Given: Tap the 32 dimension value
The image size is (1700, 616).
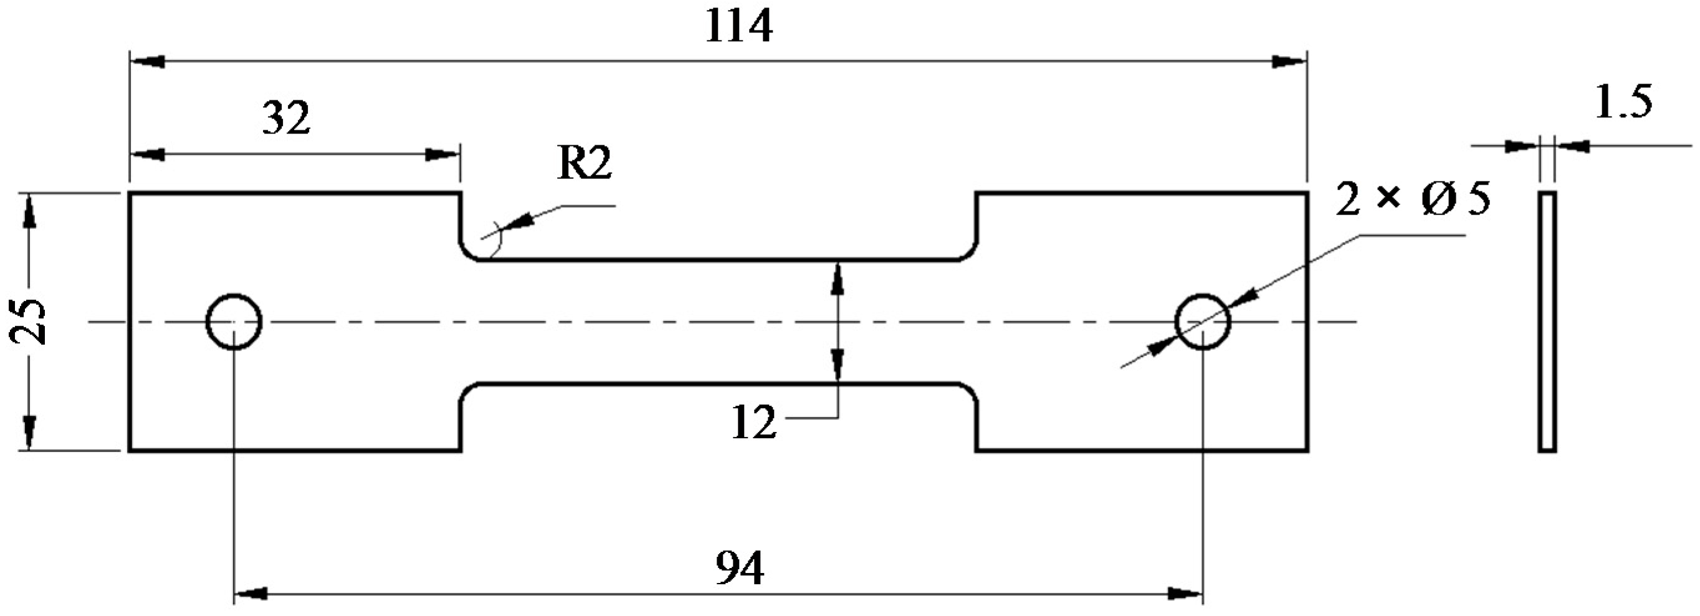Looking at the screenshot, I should [286, 119].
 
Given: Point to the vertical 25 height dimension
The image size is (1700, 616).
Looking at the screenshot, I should [27, 322].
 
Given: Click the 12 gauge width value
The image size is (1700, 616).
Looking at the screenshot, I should [753, 423].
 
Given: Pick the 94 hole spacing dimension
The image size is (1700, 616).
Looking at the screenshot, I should [739, 569].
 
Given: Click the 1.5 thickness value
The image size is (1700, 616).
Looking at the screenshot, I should [1623, 102].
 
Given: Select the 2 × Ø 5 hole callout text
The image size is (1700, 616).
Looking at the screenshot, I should [1412, 200].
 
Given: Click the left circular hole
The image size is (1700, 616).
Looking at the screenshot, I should [234, 322].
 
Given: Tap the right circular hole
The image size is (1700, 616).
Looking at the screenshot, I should [1203, 322].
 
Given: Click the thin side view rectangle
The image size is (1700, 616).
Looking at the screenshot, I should [1547, 322].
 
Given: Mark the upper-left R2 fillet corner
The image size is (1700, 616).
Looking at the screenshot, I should [467, 254].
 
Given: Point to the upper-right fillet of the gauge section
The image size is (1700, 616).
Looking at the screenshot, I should [970, 254].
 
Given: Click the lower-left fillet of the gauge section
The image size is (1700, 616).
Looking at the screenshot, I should [467, 390].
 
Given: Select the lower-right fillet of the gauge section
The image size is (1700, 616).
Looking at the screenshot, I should [970, 390].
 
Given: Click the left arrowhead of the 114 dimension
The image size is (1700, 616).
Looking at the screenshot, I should [146, 61].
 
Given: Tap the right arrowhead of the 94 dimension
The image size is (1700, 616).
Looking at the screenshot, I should [1185, 594].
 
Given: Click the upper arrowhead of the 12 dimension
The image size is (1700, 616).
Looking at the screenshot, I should [838, 279].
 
